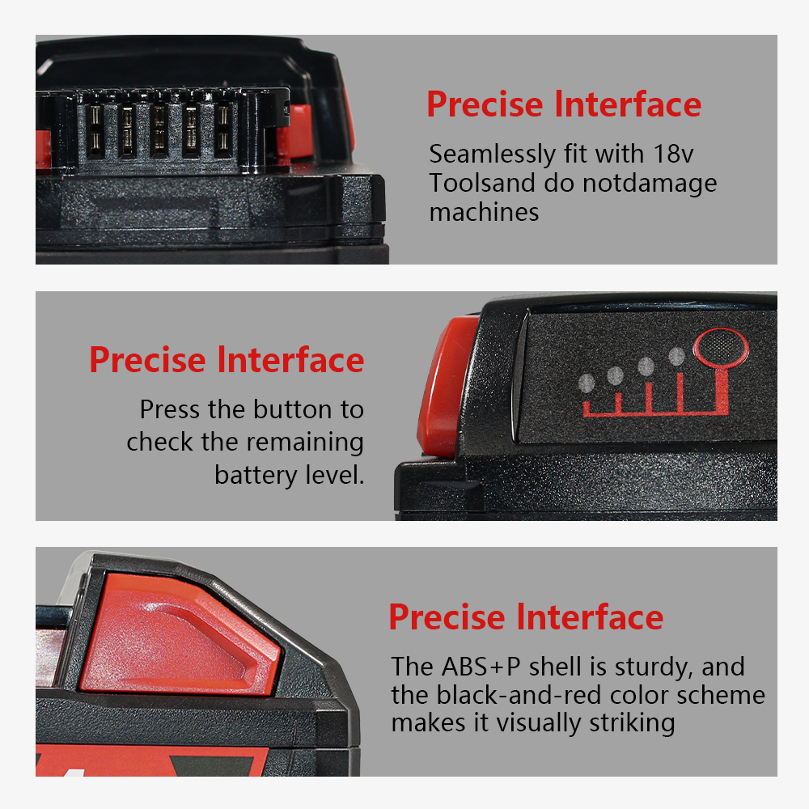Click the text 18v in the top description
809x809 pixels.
[x=673, y=154]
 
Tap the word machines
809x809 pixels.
[x=484, y=212]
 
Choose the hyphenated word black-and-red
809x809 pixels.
[x=519, y=695]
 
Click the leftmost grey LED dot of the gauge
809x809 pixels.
[x=587, y=383]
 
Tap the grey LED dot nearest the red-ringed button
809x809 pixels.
[x=676, y=356]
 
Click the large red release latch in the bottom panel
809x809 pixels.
[x=178, y=636]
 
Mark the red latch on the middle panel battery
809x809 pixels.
[x=447, y=386]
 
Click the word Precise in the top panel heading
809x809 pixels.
[x=485, y=104]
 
